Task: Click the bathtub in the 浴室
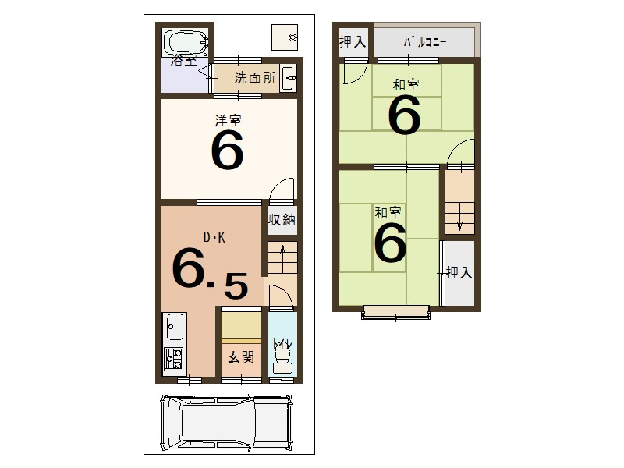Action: [184, 41]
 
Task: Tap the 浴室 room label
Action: [184, 59]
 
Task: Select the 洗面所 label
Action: [255, 78]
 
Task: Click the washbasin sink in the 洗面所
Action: [288, 79]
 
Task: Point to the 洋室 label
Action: [228, 120]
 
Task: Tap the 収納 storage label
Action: [282, 220]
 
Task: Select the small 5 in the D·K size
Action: [236, 286]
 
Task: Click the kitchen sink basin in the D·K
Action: [174, 327]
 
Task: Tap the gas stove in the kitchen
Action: [173, 359]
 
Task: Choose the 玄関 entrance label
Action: [240, 357]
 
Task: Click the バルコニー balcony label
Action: [424, 42]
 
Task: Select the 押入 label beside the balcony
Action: [353, 42]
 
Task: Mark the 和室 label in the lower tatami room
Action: [388, 211]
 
